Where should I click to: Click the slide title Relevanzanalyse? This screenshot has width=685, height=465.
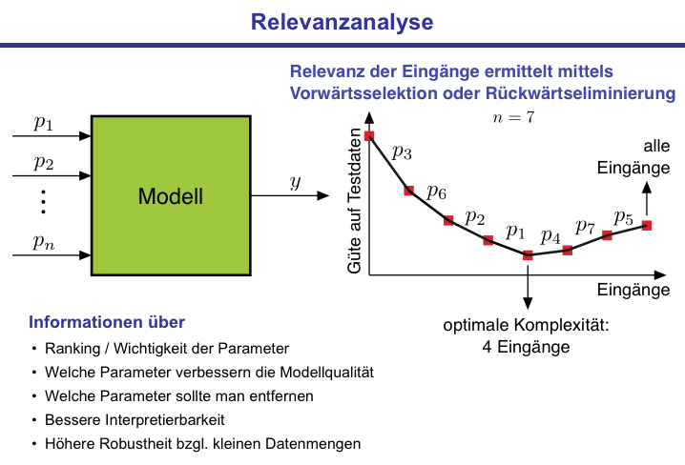click(342, 21)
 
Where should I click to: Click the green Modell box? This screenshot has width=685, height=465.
click(171, 196)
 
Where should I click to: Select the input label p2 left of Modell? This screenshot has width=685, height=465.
click(44, 161)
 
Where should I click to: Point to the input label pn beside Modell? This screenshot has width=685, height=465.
click(44, 242)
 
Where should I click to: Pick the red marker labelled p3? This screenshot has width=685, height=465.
click(369, 136)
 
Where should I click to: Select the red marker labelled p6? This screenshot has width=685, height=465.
click(409, 191)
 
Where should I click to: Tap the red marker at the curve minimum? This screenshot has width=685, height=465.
click(528, 254)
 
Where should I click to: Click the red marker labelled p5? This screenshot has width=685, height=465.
click(647, 226)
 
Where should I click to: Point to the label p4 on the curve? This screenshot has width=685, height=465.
click(550, 235)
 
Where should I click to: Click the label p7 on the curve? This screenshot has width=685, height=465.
click(585, 227)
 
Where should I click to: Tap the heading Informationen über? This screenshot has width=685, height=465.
click(107, 321)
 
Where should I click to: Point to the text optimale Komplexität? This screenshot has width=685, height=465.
click(526, 326)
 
